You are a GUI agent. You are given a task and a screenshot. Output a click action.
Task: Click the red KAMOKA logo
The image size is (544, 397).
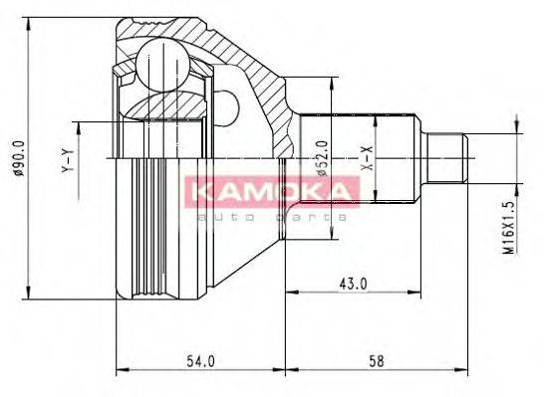tap(269, 191)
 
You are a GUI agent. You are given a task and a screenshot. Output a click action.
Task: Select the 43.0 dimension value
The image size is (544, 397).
tap(353, 284)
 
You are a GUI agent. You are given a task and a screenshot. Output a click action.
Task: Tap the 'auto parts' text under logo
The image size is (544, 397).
tap(269, 215)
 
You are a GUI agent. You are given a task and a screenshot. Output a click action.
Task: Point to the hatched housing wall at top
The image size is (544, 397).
tap(239, 40)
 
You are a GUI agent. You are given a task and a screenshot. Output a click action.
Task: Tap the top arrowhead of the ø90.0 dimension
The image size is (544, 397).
tap(30, 22)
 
